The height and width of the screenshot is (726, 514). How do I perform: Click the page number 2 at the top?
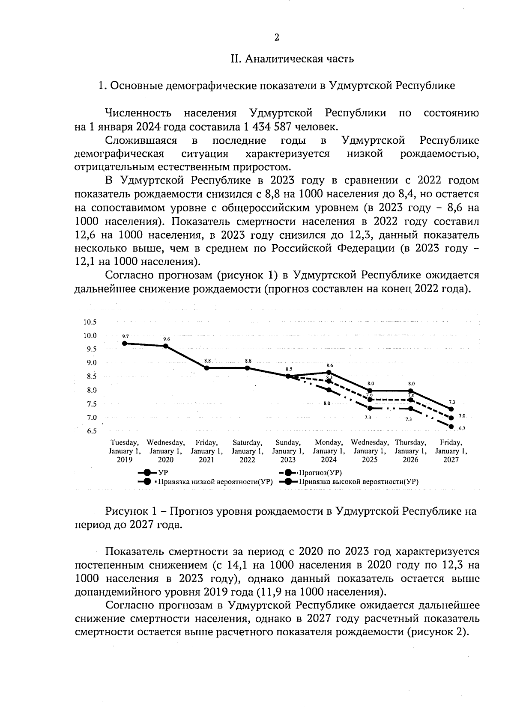(x=277, y=38)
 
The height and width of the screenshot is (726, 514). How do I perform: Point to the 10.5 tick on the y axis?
(x=90, y=322)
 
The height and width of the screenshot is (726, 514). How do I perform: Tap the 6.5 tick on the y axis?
(x=90, y=431)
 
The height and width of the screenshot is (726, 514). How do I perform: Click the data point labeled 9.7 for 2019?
(x=125, y=343)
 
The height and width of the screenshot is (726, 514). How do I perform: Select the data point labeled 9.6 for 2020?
(x=166, y=346)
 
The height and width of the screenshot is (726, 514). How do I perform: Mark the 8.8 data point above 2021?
(x=206, y=368)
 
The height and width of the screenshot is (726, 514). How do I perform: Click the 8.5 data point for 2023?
(x=288, y=376)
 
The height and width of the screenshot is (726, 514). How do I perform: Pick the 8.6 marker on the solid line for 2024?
(x=329, y=373)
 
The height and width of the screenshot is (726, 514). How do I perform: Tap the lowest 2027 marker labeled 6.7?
(x=451, y=426)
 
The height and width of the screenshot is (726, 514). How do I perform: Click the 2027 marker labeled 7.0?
(x=451, y=418)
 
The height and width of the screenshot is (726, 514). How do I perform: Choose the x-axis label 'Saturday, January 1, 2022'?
(x=247, y=451)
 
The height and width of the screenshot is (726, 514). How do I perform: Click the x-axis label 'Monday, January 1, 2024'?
(x=329, y=451)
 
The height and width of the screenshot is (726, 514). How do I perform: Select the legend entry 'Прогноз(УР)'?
(x=320, y=473)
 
